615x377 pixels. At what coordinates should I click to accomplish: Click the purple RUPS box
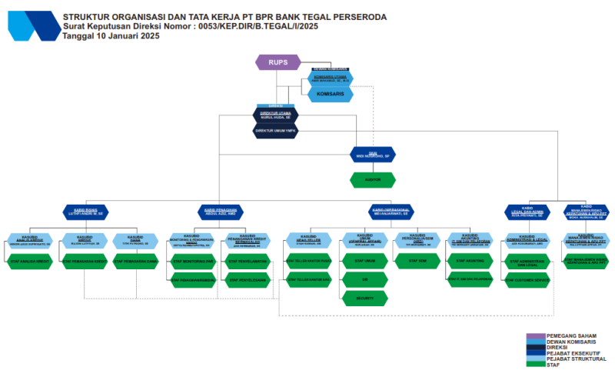tap(277, 62)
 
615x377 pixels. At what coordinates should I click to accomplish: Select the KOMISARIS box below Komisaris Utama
tap(331, 94)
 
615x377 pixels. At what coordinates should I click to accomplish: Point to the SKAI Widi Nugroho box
tap(373, 154)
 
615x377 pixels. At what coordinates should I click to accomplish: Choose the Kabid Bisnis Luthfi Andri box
tap(87, 210)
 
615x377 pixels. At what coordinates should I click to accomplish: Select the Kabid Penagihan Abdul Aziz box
tap(219, 210)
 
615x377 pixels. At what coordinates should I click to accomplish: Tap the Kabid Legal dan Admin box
tap(527, 210)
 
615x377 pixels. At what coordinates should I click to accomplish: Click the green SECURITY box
tap(364, 298)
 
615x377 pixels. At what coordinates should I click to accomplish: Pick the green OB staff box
tap(364, 279)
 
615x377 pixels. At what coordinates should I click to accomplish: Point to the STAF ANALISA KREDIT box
tap(30, 262)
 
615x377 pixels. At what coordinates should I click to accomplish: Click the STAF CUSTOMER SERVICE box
tap(527, 280)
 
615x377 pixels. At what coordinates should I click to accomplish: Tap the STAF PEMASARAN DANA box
tap(135, 262)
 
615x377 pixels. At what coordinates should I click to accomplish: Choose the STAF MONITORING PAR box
tap(192, 262)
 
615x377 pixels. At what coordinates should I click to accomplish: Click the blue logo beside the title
tap(32, 25)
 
